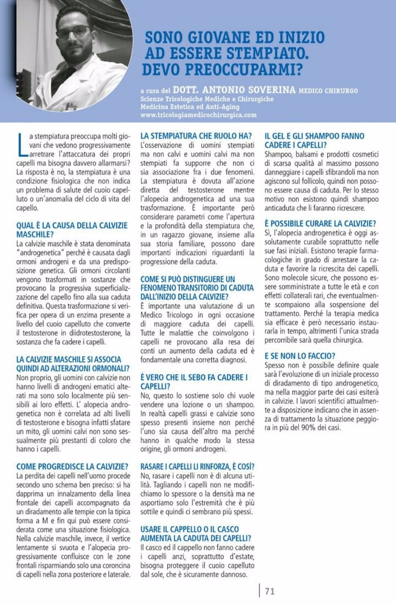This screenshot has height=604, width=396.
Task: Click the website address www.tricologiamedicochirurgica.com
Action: pyautogui.click(x=199, y=115)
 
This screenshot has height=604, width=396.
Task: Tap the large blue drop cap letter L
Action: pyautogui.click(x=21, y=145)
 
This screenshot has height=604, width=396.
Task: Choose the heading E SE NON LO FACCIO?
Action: pyautogui.click(x=300, y=356)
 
